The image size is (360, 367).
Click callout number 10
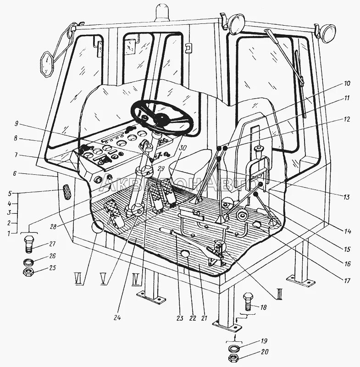345,84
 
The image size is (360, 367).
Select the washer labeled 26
28,262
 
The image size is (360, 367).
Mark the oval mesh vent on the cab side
66,191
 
